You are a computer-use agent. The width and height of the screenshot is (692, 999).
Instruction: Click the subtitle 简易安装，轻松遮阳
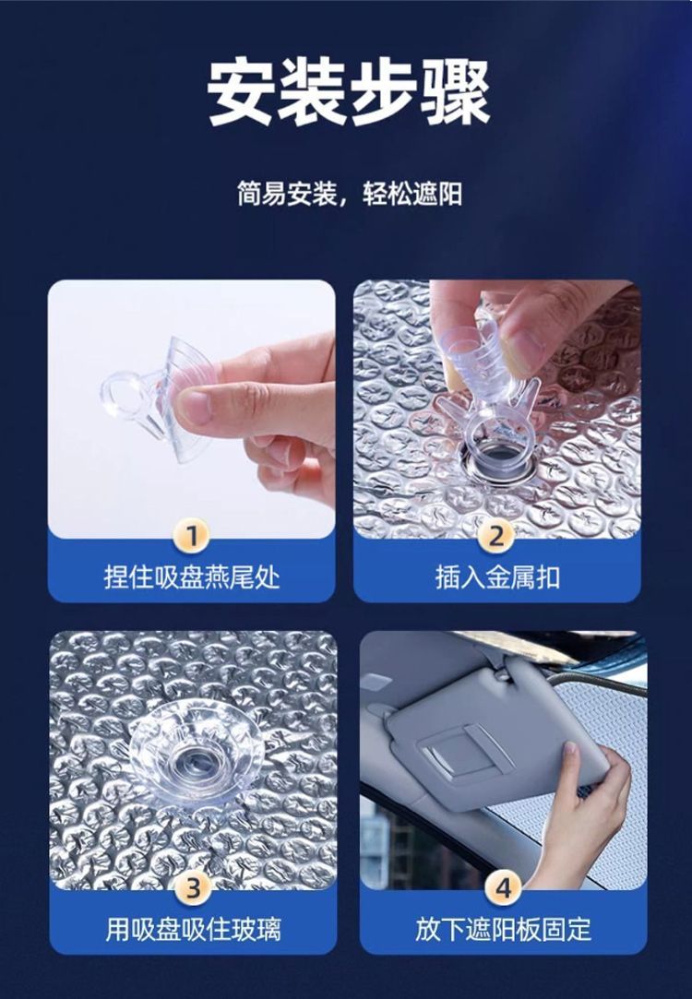[349, 194]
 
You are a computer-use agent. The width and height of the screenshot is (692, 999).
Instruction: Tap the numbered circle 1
[191, 535]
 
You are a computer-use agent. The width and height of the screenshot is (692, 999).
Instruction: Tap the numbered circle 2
[497, 535]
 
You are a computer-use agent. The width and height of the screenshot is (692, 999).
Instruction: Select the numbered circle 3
[193, 887]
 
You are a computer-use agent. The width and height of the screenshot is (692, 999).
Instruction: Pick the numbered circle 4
[504, 887]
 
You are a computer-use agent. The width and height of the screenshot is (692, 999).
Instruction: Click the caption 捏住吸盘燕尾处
[192, 577]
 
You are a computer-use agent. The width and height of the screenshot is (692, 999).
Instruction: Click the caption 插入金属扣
[497, 577]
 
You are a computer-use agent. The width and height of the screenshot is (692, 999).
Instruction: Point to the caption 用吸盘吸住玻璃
[193, 930]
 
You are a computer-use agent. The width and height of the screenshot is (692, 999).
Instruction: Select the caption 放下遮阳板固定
[504, 930]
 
